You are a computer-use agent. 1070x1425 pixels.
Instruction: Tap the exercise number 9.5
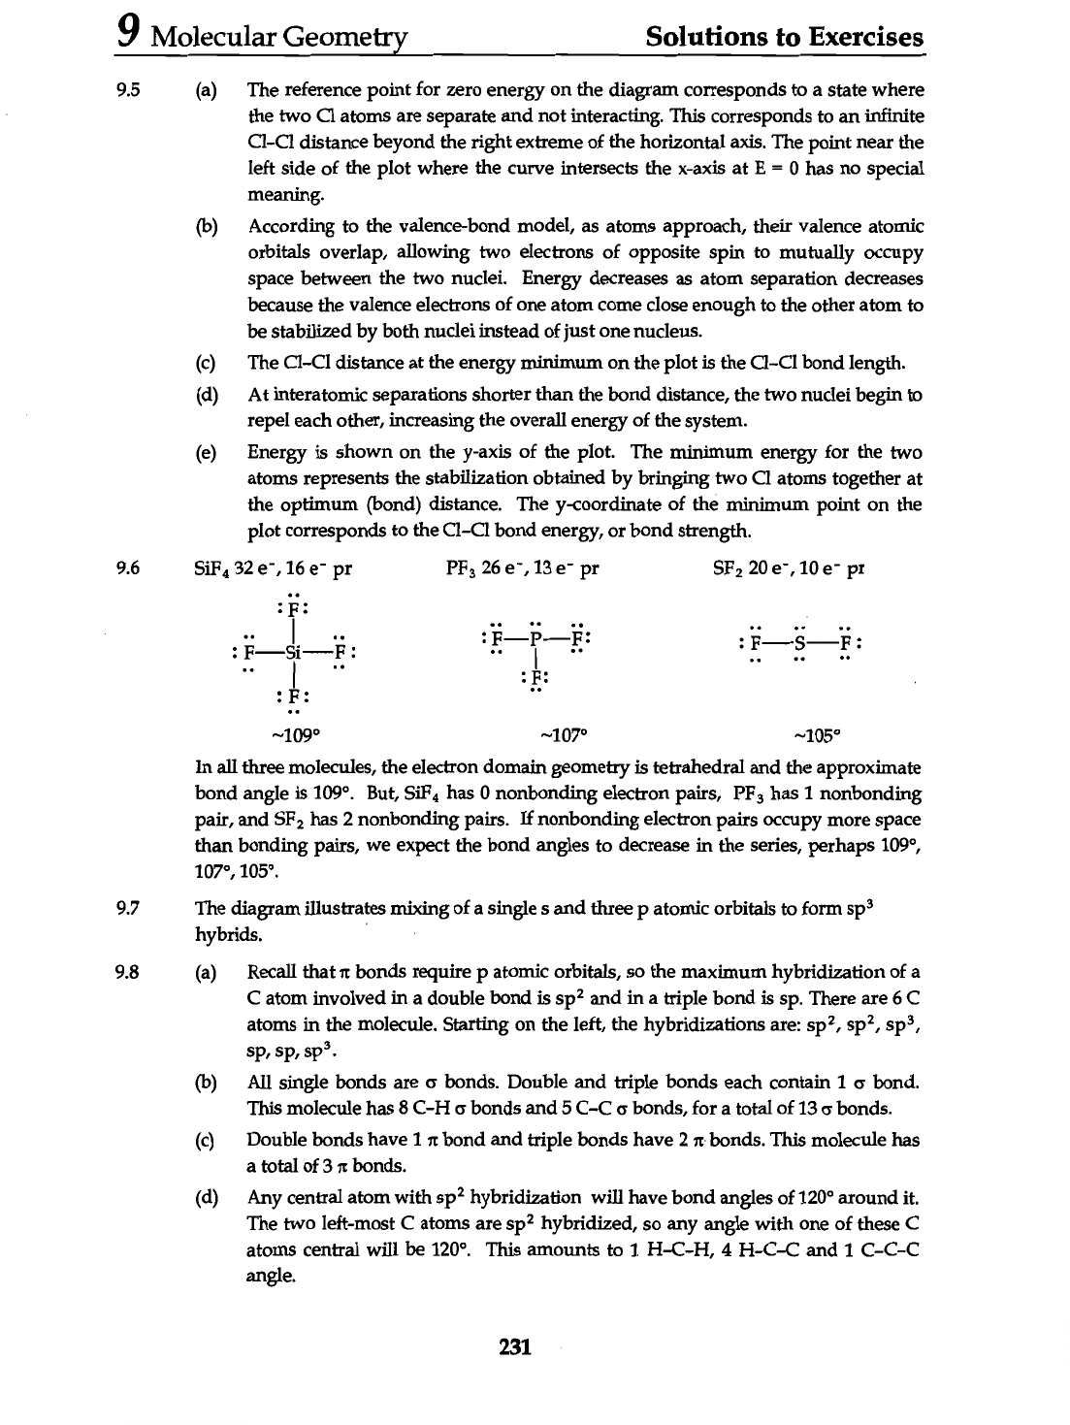tap(130, 90)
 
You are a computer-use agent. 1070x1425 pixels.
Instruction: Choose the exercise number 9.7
tap(130, 909)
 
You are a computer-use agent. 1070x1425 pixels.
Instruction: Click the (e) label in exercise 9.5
tap(206, 453)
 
